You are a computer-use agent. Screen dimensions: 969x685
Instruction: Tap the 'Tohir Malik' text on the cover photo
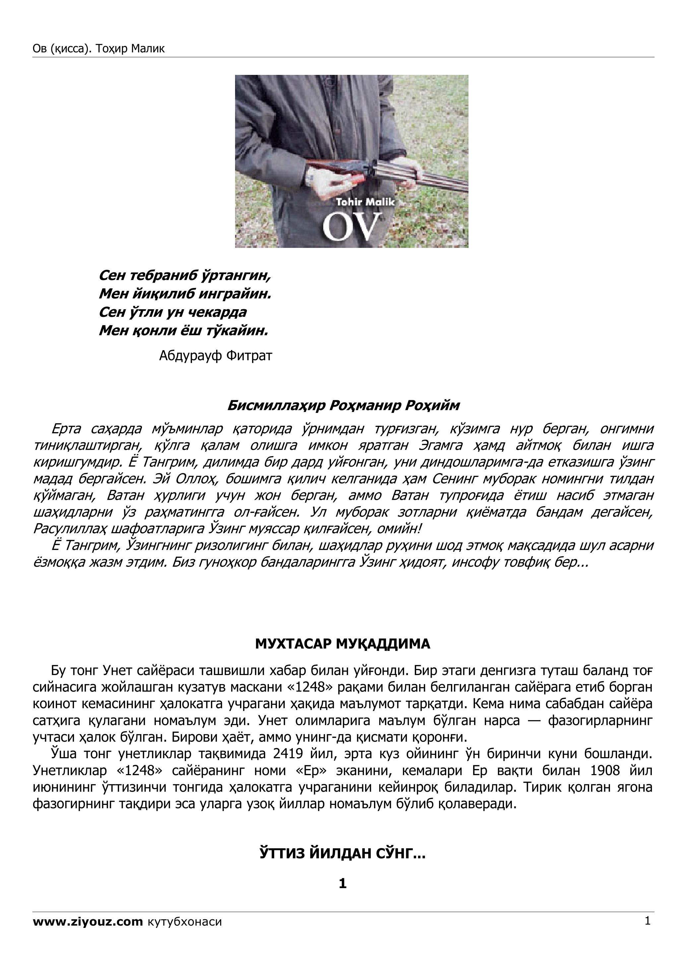pos(365,202)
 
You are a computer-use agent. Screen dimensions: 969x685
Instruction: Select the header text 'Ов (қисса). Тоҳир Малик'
pos(98,49)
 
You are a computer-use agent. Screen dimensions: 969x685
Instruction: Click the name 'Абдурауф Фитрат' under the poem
pos(216,356)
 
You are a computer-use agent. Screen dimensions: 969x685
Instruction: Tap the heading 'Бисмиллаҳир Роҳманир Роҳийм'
pos(343,406)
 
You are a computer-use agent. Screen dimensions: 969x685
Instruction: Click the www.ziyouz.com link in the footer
pos(88,922)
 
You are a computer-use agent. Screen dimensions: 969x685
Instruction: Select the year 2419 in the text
pos(288,754)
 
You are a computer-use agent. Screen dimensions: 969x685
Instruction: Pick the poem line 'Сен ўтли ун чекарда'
pos(173,312)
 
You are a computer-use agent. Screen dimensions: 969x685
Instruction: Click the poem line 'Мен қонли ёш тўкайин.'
pos(184,330)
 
